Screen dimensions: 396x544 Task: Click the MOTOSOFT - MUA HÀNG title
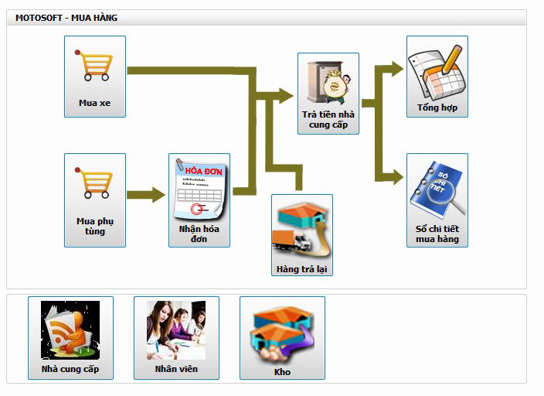click(66, 17)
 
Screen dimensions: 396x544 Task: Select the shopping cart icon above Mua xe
click(94, 67)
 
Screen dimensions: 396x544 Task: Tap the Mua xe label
click(94, 103)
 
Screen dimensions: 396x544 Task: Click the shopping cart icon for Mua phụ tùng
click(94, 184)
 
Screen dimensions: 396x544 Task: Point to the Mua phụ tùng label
click(94, 226)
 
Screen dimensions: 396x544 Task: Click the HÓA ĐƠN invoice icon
click(199, 189)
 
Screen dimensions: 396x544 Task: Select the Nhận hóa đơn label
click(199, 234)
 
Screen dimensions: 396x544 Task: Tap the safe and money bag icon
click(328, 80)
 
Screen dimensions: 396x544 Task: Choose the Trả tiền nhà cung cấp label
click(328, 119)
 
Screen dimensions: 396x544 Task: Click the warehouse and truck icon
click(301, 229)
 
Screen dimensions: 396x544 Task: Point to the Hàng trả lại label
click(302, 269)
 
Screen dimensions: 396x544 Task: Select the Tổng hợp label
click(437, 108)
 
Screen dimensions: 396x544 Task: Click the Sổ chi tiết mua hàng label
click(437, 234)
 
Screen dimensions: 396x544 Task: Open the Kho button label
click(282, 372)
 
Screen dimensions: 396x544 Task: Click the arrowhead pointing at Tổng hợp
click(396, 68)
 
